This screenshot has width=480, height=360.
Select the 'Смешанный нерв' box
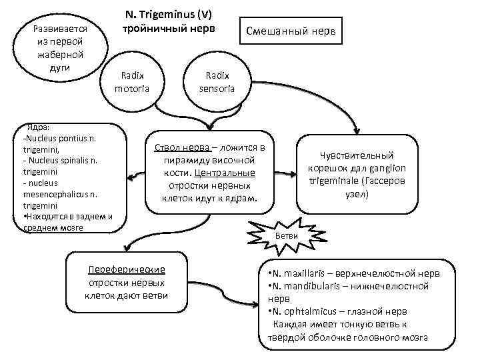291,31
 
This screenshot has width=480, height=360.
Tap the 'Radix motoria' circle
132,82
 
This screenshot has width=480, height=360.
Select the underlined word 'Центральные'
237,173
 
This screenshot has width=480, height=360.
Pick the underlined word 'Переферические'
127,269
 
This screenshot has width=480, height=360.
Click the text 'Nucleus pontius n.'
60,138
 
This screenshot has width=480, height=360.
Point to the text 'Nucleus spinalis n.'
62,160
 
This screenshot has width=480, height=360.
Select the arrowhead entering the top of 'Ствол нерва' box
210,125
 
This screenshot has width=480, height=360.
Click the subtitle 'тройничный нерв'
169,29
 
